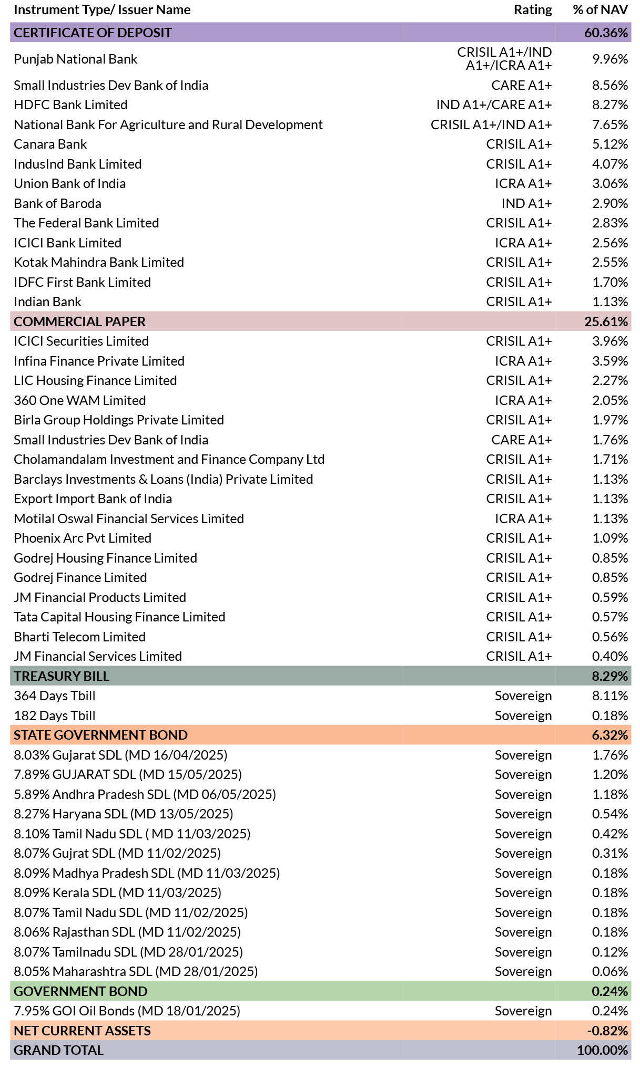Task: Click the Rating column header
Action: point(533,10)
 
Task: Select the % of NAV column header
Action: point(600,10)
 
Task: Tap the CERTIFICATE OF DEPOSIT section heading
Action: point(93,33)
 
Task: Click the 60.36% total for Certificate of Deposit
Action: point(606,33)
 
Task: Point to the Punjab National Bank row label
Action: point(75,59)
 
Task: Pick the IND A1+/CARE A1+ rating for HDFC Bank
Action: point(494,105)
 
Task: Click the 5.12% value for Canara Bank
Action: point(610,144)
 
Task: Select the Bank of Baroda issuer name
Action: point(57,203)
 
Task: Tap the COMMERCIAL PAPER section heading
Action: point(79,321)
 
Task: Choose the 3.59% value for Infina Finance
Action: point(610,361)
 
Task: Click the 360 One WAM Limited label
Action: point(79,400)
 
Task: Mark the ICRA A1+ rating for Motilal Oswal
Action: point(523,518)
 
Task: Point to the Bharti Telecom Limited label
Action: point(79,637)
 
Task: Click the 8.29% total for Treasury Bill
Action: point(610,676)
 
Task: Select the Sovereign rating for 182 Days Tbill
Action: point(523,715)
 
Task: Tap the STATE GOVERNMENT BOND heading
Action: point(100,735)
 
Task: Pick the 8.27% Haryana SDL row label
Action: point(123,814)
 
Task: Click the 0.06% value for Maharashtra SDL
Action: point(610,971)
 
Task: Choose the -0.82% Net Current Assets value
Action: point(607,1031)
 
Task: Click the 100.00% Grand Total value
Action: point(602,1050)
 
